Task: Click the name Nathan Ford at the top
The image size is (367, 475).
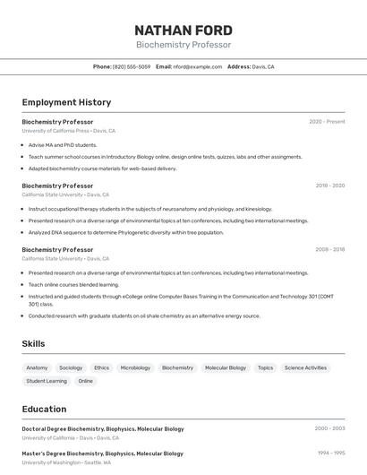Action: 183,30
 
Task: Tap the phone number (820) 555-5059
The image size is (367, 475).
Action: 132,66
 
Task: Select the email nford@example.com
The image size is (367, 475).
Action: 197,66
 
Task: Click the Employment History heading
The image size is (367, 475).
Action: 66,102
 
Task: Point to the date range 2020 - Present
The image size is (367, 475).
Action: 327,121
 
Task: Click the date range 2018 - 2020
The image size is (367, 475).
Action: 329,186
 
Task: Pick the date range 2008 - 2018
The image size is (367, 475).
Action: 329,249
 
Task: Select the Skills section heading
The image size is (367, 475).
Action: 33,343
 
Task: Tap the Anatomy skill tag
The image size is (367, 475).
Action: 37,367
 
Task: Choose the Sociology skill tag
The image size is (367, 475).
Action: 71,367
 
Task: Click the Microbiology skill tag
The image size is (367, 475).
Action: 135,367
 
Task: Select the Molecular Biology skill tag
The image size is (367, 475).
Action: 225,367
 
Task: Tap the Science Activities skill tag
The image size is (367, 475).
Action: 305,367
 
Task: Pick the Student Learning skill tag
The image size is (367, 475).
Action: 47,381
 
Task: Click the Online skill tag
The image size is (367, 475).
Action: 85,381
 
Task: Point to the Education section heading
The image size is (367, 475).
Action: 44,409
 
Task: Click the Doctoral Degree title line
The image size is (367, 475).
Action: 103,428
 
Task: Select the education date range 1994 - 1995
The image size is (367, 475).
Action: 331,453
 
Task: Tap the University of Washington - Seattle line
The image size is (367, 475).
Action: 66,463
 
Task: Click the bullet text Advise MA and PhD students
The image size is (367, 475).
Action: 63,144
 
